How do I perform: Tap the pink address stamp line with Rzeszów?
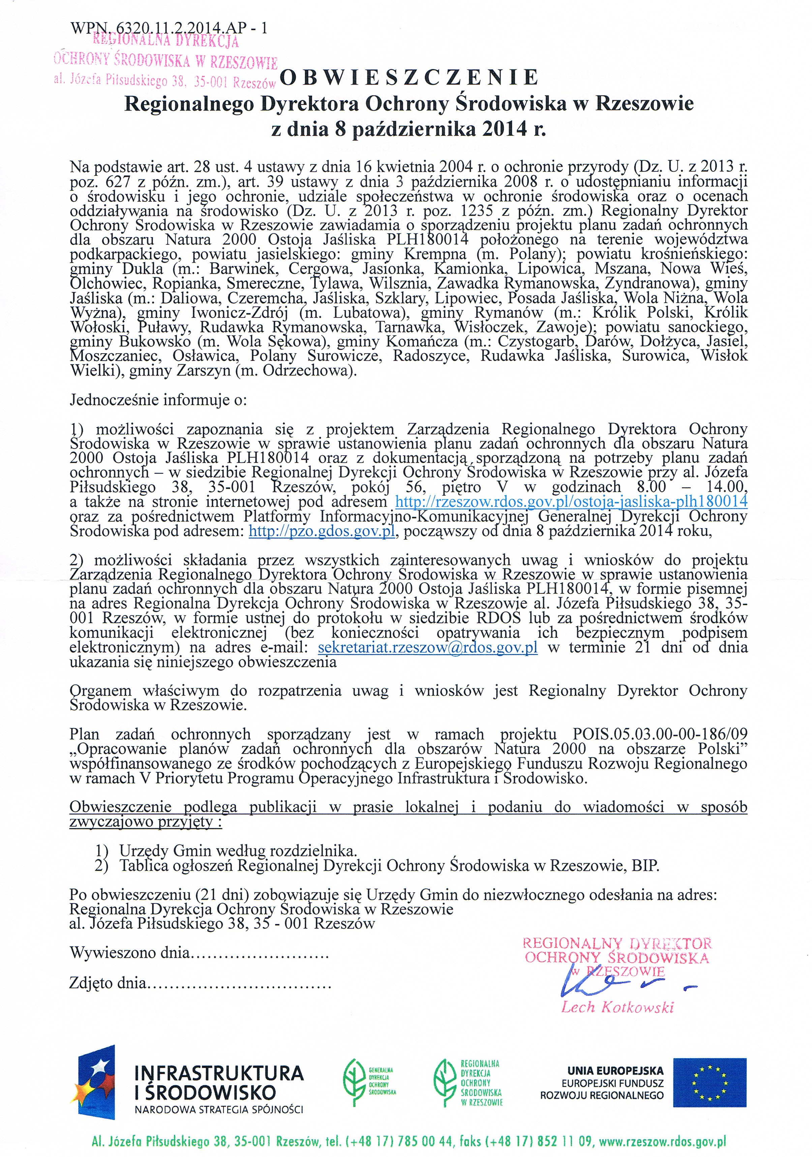tap(165, 80)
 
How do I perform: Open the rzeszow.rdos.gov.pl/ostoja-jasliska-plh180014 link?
tap(571, 501)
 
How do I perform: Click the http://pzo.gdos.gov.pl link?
tap(322, 531)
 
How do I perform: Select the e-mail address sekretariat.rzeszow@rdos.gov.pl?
tap(428, 647)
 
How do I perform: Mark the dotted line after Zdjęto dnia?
tap(240, 983)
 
